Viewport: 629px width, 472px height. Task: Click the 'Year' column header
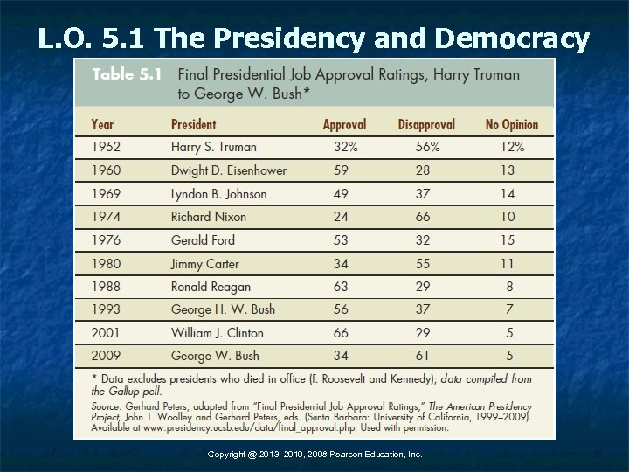[103, 125]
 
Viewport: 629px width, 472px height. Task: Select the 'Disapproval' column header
[426, 125]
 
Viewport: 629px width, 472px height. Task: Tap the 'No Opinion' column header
[511, 125]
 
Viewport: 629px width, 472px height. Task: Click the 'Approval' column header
[344, 125]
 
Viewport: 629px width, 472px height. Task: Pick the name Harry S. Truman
[214, 147]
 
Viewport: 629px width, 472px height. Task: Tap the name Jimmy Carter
[204, 264]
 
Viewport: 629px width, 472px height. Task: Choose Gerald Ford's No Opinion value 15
[508, 240]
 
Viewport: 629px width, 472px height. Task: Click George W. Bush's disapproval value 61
[424, 357]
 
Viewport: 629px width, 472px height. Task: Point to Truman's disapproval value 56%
[427, 147]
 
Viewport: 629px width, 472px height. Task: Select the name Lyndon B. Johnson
[218, 194]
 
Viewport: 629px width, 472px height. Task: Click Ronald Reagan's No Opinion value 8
[509, 287]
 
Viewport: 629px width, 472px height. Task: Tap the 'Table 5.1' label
[127, 75]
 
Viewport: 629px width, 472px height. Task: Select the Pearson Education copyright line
[314, 455]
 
